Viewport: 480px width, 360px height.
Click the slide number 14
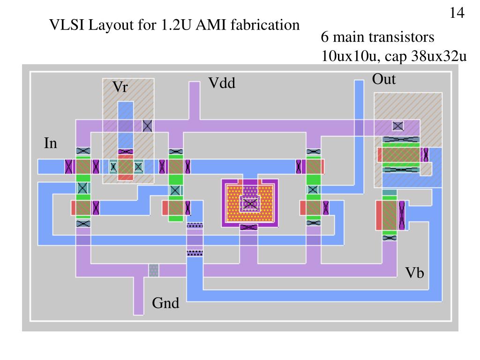(457, 13)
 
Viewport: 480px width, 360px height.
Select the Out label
(383, 79)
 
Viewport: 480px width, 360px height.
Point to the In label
(50, 143)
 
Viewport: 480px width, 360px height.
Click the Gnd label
(165, 303)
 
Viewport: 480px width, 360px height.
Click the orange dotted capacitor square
(250, 203)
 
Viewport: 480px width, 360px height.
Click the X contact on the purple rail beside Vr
(148, 125)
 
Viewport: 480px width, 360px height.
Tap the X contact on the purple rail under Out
(398, 126)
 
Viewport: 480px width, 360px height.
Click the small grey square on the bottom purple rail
(153, 270)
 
